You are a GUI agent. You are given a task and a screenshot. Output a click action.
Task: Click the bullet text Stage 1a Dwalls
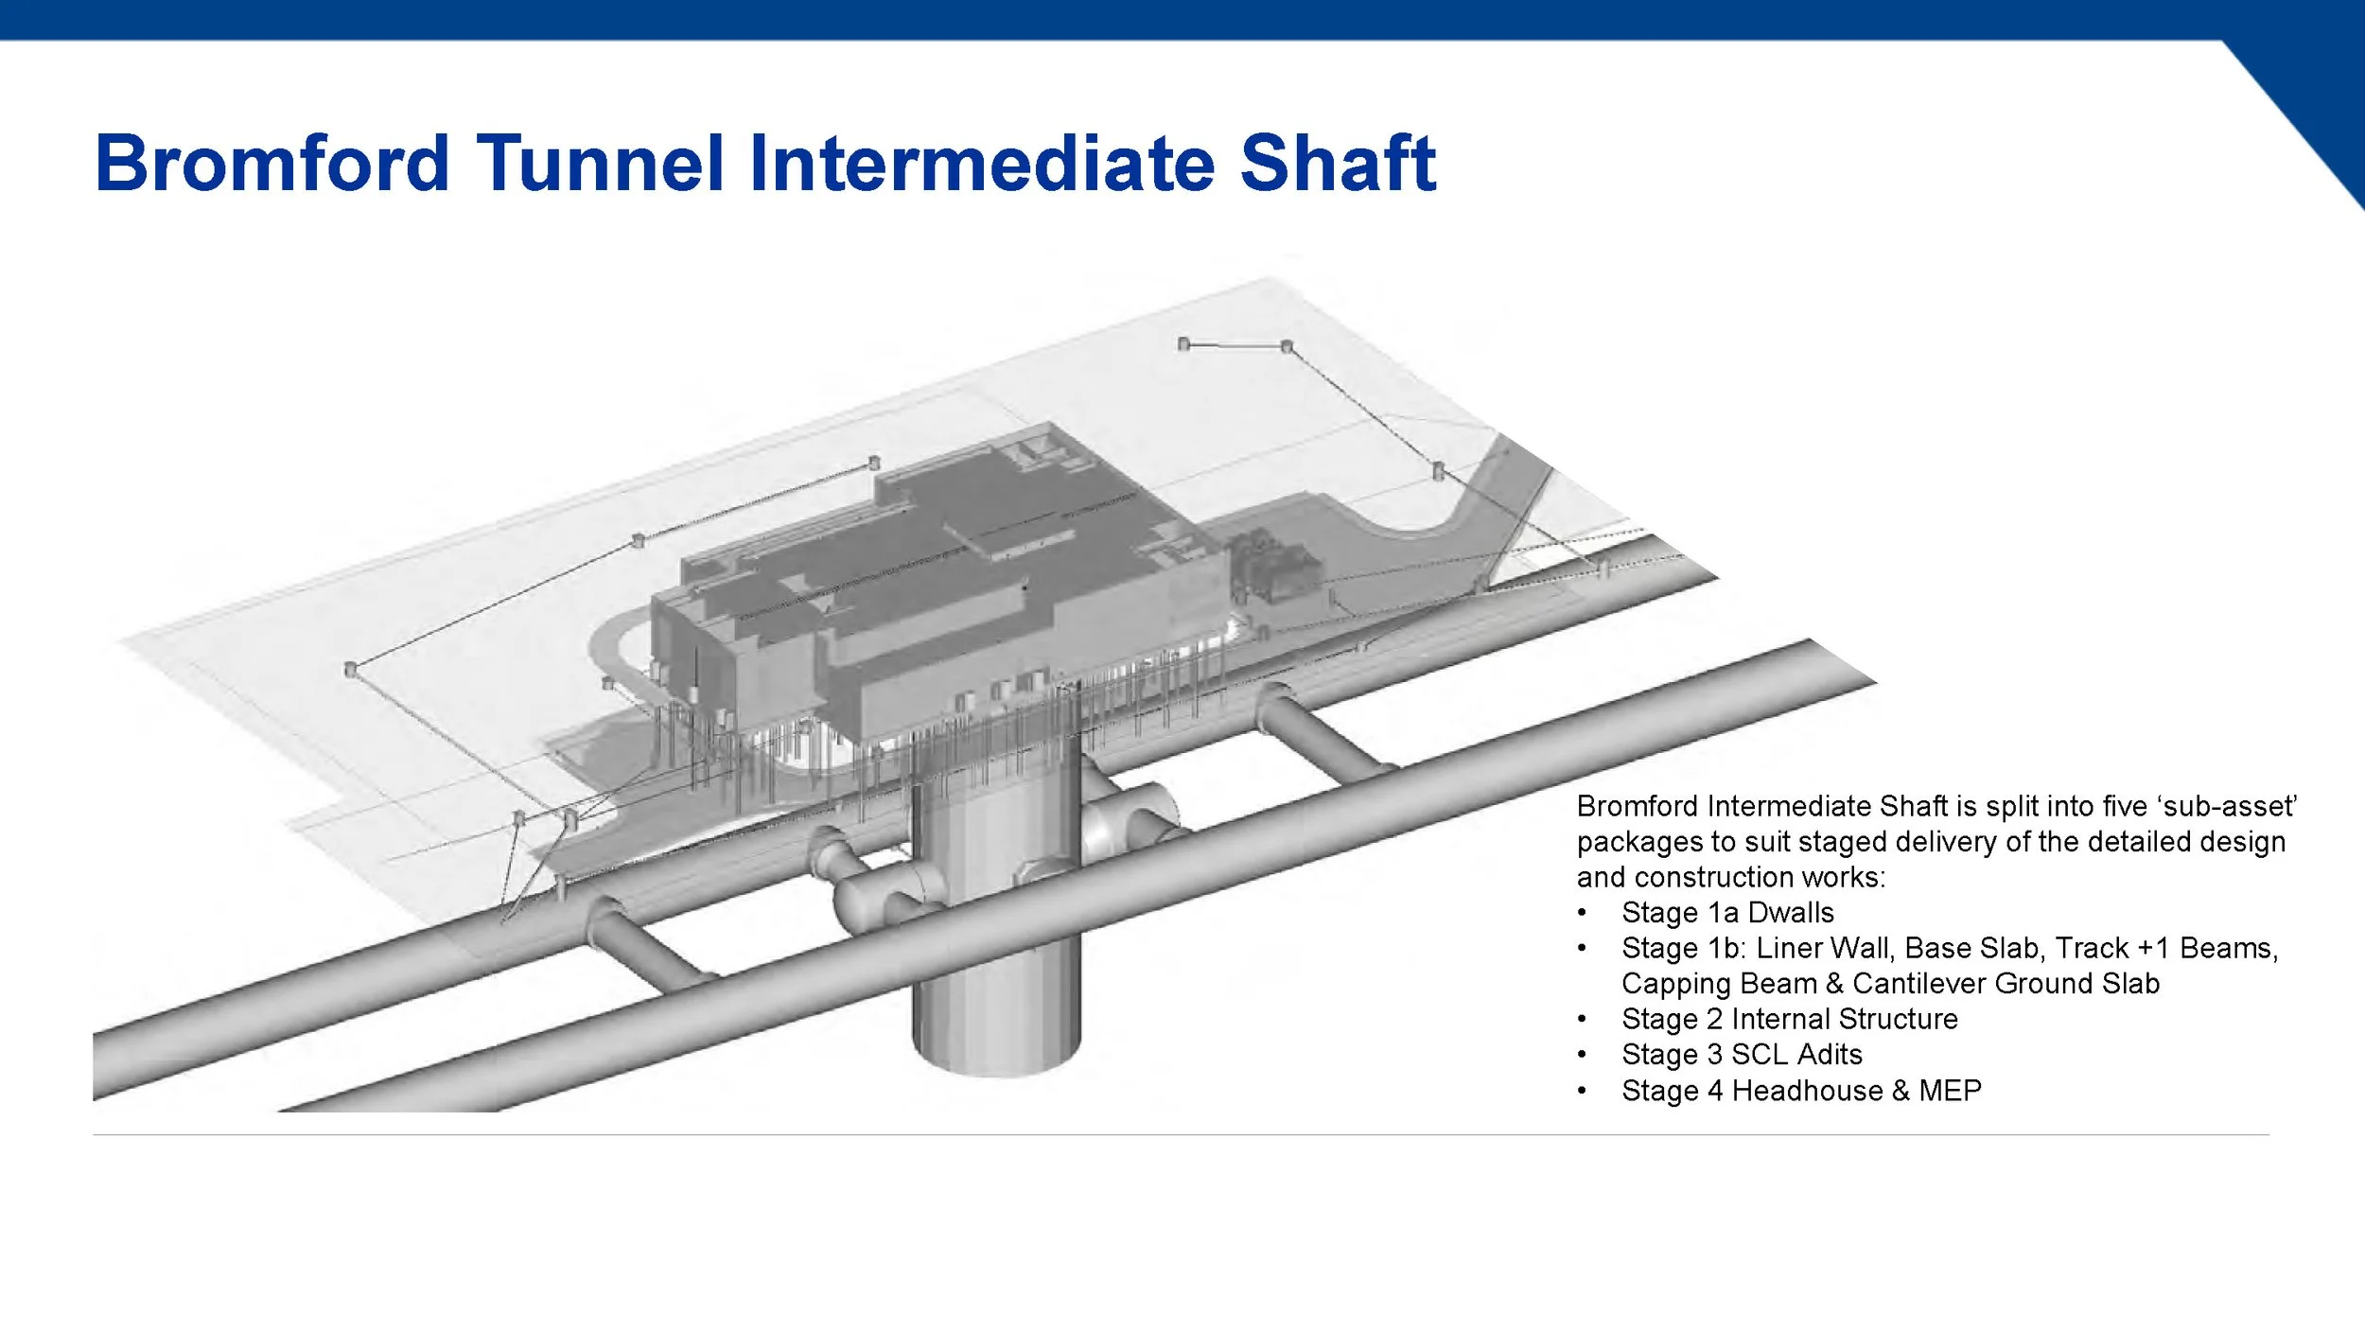pos(1726,913)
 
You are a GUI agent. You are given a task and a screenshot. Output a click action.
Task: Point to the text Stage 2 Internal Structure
pos(1789,1019)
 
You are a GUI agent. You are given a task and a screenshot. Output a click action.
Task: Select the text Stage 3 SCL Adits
pos(1741,1055)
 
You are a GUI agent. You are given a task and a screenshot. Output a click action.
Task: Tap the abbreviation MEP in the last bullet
pos(1950,1091)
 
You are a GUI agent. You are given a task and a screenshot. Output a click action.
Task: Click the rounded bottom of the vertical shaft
pos(996,1055)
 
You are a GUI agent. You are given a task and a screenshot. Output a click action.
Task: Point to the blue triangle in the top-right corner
pos(2318,95)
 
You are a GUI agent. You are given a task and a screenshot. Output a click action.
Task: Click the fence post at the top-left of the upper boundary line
pos(1183,343)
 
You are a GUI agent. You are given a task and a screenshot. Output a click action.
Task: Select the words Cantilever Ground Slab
pos(2006,984)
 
